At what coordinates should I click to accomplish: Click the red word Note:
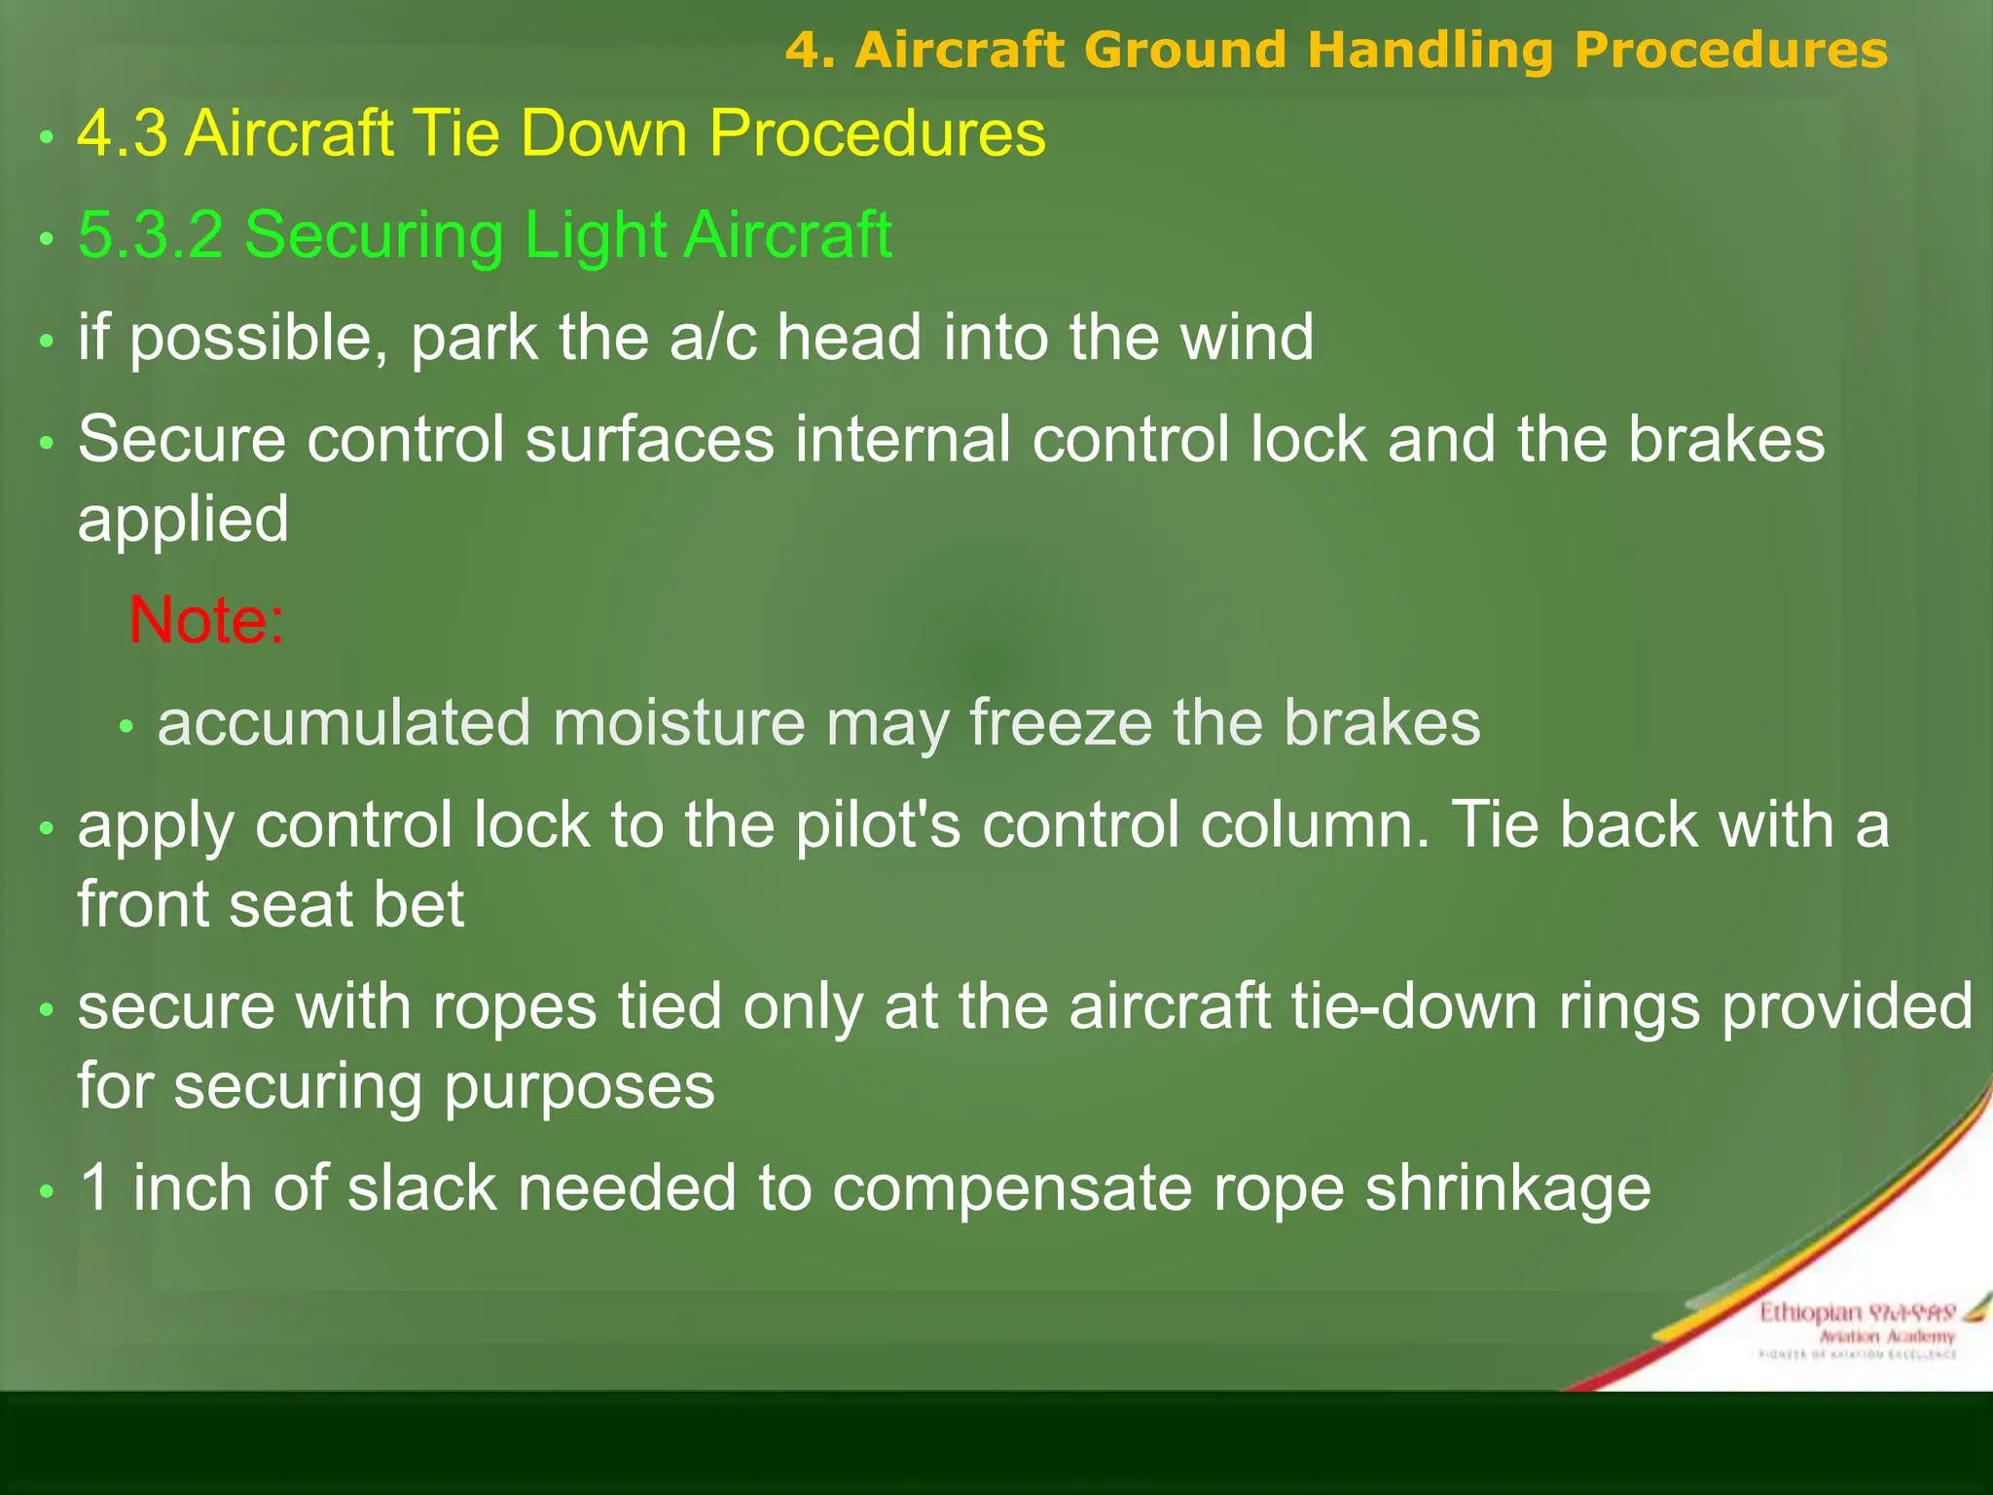coord(206,620)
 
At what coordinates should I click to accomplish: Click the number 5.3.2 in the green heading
coord(151,236)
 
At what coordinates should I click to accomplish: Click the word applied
coord(183,519)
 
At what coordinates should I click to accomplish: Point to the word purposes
coord(580,1086)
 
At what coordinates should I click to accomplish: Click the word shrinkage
coord(1507,1188)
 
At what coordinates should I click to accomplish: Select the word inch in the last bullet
coord(193,1188)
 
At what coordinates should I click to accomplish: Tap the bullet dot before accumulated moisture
coord(126,727)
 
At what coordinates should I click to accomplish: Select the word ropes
coord(514,1006)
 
